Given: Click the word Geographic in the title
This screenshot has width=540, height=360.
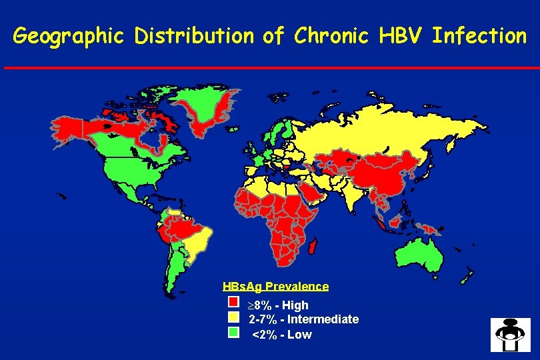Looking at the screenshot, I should (x=69, y=35).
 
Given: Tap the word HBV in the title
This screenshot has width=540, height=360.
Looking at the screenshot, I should (x=400, y=35).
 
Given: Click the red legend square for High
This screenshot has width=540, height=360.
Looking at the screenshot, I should (x=233, y=303).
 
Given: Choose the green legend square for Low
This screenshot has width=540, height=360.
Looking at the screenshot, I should (x=233, y=331).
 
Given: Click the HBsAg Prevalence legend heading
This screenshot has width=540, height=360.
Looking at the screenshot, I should (x=275, y=287).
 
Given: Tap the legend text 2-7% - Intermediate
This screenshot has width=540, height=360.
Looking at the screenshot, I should (x=303, y=319).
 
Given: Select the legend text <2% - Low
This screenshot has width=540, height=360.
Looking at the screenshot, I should (x=281, y=335).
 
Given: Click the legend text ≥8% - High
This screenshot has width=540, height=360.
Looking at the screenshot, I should (x=278, y=305).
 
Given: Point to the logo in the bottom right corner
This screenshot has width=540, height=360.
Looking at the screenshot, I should (x=510, y=335).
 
